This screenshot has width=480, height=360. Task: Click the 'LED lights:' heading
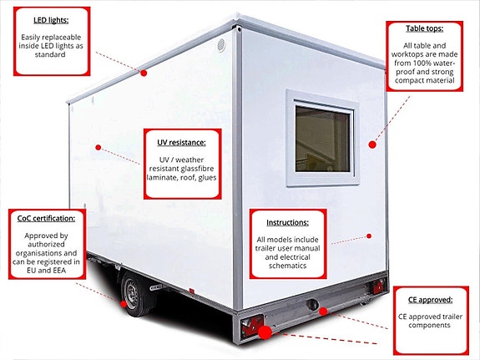click(x=51, y=20)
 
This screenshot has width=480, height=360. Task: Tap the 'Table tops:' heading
click(x=424, y=28)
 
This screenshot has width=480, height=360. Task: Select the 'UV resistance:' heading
click(x=181, y=143)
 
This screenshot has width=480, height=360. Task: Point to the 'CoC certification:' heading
click(x=46, y=219)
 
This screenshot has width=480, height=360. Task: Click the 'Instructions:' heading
click(x=287, y=222)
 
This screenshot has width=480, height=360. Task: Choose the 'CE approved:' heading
click(x=430, y=300)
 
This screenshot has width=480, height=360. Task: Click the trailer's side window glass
click(x=323, y=139)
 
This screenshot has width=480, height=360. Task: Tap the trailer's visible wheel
click(x=133, y=294)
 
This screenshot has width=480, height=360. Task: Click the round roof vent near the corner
click(x=221, y=45)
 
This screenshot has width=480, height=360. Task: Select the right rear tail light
click(x=377, y=287)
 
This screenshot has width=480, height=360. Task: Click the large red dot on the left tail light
click(x=265, y=332)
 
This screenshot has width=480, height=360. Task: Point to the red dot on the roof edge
click(x=144, y=73)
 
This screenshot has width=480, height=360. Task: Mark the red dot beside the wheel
click(x=124, y=304)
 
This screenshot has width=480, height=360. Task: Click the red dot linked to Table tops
click(x=372, y=145)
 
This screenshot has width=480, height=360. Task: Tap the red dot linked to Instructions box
click(x=369, y=236)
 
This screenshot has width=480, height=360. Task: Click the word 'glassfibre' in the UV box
click(x=196, y=169)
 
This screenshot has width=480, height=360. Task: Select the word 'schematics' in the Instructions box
click(x=287, y=266)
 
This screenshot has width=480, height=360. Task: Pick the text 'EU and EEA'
click(x=46, y=271)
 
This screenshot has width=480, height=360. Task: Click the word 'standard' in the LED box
click(x=50, y=54)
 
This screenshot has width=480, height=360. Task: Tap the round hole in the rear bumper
click(x=312, y=304)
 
